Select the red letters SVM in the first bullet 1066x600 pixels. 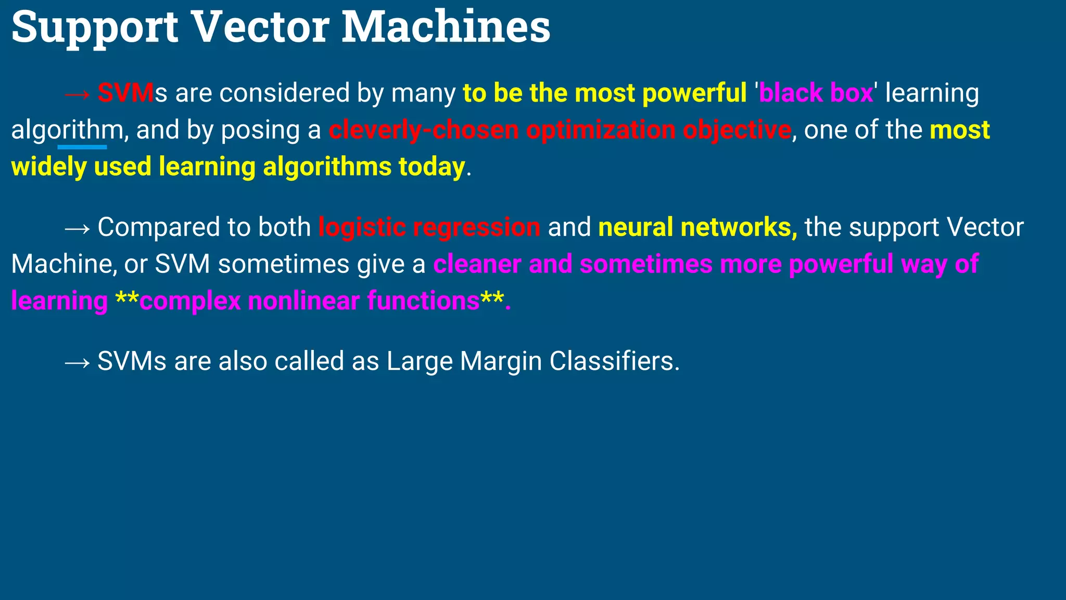tap(125, 93)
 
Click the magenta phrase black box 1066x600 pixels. tap(816, 93)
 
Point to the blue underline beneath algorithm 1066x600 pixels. tap(82, 147)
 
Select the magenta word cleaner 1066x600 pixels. tap(477, 264)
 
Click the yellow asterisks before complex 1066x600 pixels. tap(126, 299)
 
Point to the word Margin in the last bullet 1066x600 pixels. tap(501, 361)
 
